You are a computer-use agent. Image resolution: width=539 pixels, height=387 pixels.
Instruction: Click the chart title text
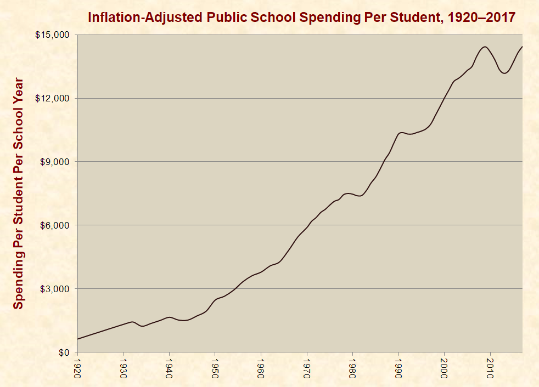coord(301,17)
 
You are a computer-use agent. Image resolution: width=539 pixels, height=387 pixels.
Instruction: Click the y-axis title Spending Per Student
coord(19,193)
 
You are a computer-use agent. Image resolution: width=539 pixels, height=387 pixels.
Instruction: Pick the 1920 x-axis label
coord(77,367)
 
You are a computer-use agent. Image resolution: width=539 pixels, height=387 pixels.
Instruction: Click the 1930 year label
coord(123,367)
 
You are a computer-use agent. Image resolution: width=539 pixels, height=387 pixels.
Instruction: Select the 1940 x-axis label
coord(169,367)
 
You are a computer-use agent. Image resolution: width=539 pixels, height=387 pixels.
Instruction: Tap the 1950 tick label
coord(215,367)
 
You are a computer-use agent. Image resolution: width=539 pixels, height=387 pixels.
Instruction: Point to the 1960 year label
coord(261,367)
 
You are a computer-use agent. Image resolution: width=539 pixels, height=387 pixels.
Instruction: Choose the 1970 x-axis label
coord(307,367)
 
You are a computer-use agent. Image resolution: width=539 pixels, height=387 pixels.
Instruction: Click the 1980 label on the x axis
coord(353,367)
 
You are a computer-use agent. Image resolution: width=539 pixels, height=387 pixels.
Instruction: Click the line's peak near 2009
coord(485,47)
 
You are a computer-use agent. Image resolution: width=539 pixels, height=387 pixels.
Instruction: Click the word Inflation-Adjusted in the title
coord(145,17)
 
